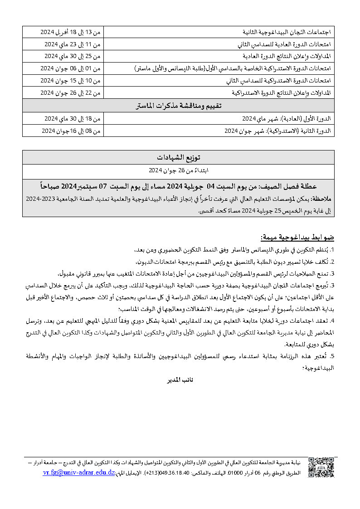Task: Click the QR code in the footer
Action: [321, 467]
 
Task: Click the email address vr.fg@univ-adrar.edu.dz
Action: [79, 472]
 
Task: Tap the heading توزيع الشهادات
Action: [179, 157]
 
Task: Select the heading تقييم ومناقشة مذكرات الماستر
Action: [179, 106]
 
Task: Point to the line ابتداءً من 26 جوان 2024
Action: [179, 170]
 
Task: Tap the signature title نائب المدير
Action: [178, 378]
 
